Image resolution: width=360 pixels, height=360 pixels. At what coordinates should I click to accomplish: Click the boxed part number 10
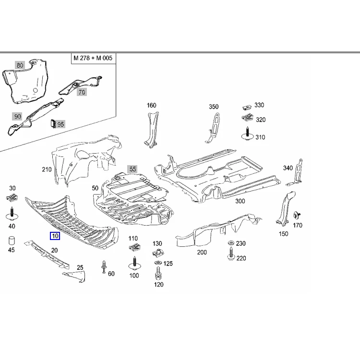pos(55,236)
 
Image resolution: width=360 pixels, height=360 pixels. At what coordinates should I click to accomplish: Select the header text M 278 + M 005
pos(93,59)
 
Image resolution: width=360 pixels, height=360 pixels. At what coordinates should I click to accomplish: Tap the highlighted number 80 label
pos(20,65)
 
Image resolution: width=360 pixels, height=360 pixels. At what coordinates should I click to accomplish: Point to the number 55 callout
pos(132,169)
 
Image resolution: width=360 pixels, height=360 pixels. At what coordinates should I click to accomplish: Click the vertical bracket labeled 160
pos(152,128)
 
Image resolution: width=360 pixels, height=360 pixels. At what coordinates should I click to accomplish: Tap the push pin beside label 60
pos(104,267)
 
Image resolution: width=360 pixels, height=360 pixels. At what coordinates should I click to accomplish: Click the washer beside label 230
pos(231,244)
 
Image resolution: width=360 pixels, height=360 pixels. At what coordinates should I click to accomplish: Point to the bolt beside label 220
pos(231,255)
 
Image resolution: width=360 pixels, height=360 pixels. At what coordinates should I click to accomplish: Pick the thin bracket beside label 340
pos(298,171)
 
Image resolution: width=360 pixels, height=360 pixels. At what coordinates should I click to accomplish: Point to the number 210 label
pos(47,169)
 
